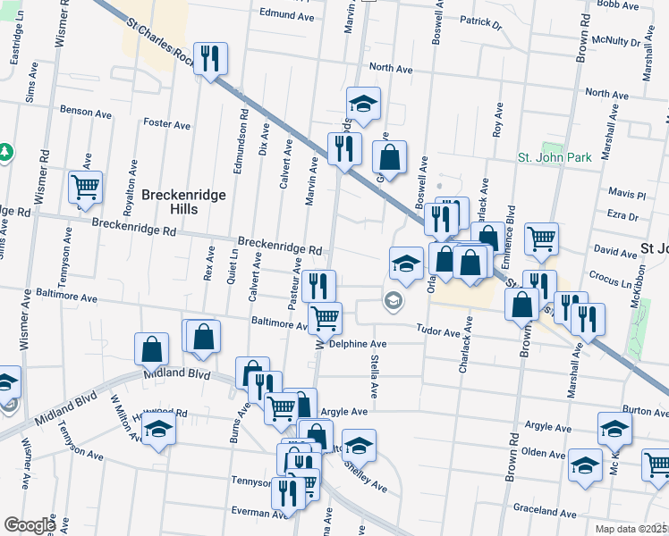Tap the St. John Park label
555,157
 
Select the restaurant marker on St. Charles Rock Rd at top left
211,59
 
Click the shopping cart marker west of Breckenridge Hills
86,188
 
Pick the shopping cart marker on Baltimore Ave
325,317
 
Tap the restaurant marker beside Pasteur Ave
318,285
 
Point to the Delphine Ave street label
357,344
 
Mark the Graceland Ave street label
543,511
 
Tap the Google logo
30,525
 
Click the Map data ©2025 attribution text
631,529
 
